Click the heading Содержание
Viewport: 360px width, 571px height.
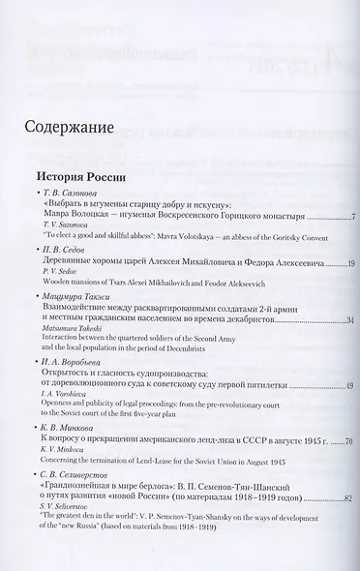pos(74,127)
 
